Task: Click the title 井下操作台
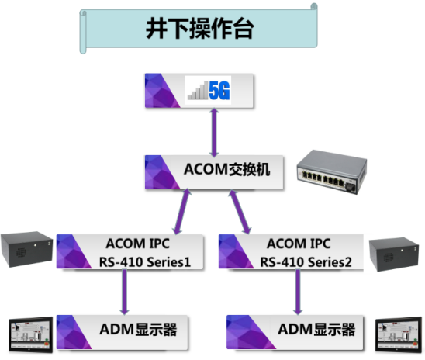pos(200,29)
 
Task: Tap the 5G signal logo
pos(209,90)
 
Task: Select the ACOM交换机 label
pos(227,169)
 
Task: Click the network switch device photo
pos(332,172)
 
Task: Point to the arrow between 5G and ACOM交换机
pos(214,133)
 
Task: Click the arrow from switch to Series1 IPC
pos(182,212)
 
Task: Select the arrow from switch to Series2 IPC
pos(240,212)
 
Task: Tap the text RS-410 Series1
pos(145,262)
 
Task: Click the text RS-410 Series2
pos(306,262)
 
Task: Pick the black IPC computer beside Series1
pos(26,249)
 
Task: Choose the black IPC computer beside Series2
pos(394,254)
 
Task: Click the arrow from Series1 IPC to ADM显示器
pos(124,292)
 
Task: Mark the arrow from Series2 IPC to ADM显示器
pos(298,292)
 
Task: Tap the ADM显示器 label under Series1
pos(138,330)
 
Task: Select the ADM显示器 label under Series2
pos(316,330)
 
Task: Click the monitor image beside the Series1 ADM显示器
pos(30,335)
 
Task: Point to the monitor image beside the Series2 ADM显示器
pos(399,335)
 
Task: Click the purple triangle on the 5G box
pos(160,91)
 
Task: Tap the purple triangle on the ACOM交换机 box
pos(160,172)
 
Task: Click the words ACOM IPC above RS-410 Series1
pos(138,244)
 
